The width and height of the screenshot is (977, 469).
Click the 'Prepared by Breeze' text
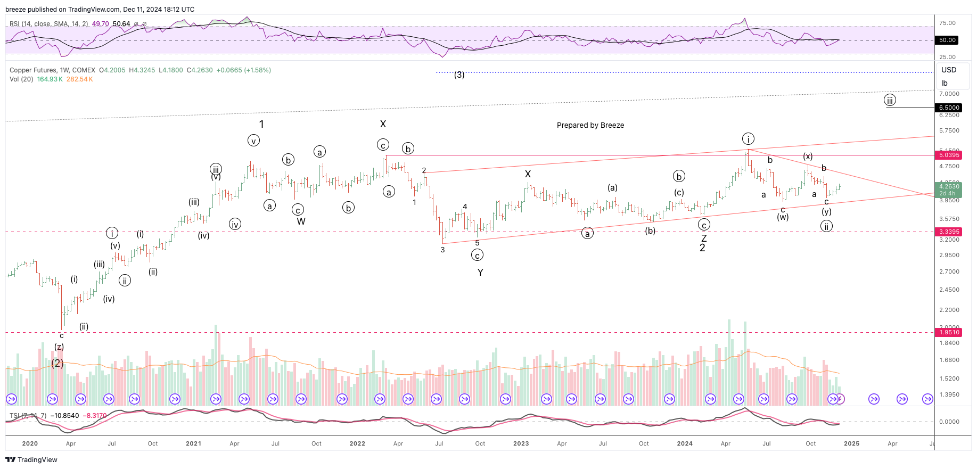coord(590,125)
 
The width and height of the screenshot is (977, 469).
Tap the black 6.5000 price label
coord(949,108)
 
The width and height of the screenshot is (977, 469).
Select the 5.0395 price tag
coord(949,155)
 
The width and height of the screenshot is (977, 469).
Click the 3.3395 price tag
coord(949,232)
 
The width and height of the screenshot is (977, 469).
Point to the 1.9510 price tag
coord(949,332)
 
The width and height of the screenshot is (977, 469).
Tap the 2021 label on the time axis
coord(193,443)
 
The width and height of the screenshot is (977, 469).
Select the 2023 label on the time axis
coord(521,443)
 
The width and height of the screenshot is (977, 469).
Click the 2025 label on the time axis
coord(851,443)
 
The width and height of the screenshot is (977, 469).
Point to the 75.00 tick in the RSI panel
coord(947,23)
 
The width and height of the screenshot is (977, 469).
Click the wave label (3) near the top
coord(459,75)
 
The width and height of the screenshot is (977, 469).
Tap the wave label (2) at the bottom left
coord(58,364)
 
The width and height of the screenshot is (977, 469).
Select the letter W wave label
coord(301,221)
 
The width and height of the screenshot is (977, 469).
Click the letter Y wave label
coord(480,273)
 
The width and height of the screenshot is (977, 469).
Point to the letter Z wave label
coord(703,238)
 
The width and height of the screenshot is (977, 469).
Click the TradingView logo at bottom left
coord(31,459)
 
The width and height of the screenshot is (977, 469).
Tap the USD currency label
coord(949,70)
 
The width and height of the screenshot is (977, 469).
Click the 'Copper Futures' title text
coord(33,70)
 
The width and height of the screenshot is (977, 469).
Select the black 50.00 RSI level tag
coord(947,40)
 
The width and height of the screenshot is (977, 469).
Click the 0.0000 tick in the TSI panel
coord(949,422)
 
